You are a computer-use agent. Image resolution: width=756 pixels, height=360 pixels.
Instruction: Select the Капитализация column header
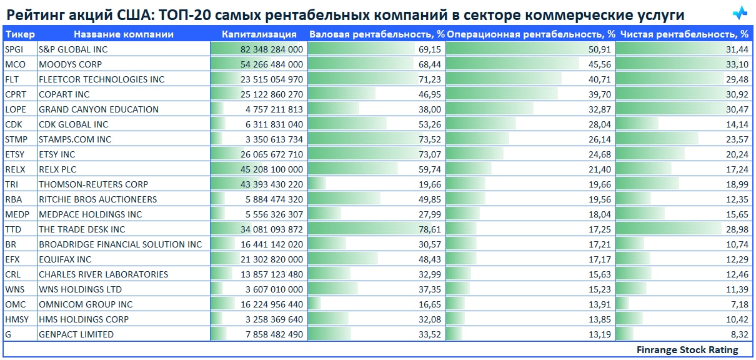point(259,34)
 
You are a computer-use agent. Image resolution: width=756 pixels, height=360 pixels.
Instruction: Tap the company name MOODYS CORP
point(70,64)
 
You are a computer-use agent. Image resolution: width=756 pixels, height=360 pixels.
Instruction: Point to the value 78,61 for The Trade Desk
point(430,229)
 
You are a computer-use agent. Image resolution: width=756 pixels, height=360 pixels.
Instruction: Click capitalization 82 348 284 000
point(272,49)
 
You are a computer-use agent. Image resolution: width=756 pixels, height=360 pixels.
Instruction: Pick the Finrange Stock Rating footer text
point(687,350)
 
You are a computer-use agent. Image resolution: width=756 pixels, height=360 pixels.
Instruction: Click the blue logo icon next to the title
point(740,14)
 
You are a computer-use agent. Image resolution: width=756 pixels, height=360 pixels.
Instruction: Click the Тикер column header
point(19,34)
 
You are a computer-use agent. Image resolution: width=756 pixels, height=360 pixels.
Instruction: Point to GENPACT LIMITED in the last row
point(76,334)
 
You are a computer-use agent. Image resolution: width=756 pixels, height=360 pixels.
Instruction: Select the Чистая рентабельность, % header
point(684,34)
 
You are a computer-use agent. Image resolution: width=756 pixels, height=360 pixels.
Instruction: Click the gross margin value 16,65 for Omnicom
point(430,304)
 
